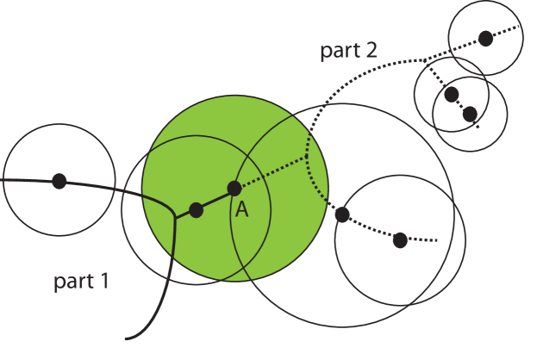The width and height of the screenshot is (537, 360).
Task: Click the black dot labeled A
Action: coord(234,188)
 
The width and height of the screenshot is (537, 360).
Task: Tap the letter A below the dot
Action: coord(242,209)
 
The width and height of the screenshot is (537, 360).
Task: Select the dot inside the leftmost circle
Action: coord(59,181)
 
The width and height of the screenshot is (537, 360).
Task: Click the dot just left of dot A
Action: coord(196,209)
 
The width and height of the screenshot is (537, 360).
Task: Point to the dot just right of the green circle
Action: coord(342,214)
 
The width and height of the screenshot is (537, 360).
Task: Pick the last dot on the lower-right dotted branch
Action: coord(399,239)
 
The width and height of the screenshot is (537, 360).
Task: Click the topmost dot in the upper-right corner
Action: coord(485,38)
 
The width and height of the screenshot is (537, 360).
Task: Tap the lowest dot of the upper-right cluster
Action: coord(470,114)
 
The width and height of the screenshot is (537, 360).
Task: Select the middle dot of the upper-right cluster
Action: coord(452,94)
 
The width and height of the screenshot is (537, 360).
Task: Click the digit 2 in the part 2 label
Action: coord(371,50)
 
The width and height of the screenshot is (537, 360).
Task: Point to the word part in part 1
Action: coord(72,282)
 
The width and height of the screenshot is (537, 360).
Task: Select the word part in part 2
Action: coord(339,51)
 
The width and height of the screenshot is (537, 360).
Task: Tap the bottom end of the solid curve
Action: coord(127,338)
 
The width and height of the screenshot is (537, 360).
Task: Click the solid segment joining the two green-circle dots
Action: coord(215,199)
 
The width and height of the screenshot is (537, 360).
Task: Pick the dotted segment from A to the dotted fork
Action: coord(271,171)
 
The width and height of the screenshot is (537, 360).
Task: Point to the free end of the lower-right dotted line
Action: coord(438,239)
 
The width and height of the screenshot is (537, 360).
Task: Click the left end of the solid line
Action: coord(4,180)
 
